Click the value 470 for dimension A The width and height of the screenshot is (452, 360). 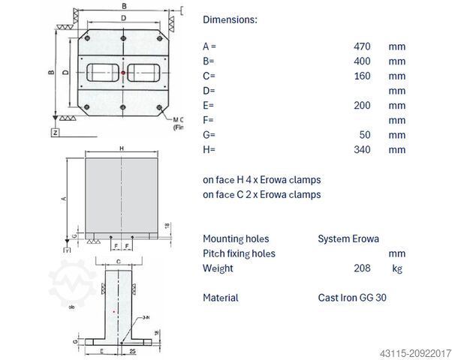click(x=362, y=46)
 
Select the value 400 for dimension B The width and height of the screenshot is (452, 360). click(x=362, y=61)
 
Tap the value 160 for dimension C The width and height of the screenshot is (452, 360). click(x=362, y=76)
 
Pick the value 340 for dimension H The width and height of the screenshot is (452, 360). click(x=362, y=149)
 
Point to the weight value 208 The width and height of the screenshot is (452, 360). click(x=362, y=268)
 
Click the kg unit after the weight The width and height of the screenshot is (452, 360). click(x=397, y=268)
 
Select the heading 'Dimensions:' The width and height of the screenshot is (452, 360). click(x=230, y=19)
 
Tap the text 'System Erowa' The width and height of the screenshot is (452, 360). click(x=348, y=239)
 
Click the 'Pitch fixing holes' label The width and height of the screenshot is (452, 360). click(x=239, y=253)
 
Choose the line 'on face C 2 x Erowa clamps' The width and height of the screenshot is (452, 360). click(x=261, y=194)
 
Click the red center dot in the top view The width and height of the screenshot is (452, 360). click(x=123, y=73)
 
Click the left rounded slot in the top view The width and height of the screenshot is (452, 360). click(x=103, y=73)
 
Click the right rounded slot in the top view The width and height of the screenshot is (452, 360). click(x=143, y=73)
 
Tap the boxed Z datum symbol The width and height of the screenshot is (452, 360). click(x=55, y=132)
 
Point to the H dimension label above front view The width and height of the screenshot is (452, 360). click(x=122, y=149)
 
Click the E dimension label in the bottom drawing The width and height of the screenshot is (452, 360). click(x=101, y=350)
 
